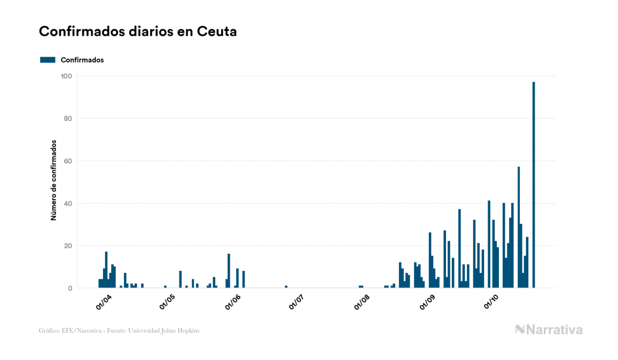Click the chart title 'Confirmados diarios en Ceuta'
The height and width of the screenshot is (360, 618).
point(138,32)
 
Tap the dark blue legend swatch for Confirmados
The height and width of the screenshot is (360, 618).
point(48,60)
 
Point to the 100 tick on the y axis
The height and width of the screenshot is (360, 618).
point(67,76)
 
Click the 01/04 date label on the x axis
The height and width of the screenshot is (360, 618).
point(104,301)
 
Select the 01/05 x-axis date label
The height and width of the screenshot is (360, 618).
point(168,301)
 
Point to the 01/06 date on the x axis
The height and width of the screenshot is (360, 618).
point(233,301)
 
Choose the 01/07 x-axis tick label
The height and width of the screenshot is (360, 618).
point(296,301)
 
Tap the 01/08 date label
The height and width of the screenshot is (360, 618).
point(362,301)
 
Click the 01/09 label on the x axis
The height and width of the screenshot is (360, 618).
point(427,301)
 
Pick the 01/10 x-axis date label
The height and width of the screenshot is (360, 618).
point(491,301)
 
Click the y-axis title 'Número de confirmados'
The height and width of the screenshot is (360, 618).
point(53,181)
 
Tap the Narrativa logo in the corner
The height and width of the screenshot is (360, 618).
point(549,330)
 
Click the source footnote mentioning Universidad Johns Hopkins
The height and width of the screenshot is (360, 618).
point(119,331)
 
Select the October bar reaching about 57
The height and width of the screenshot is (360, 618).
point(519,228)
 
